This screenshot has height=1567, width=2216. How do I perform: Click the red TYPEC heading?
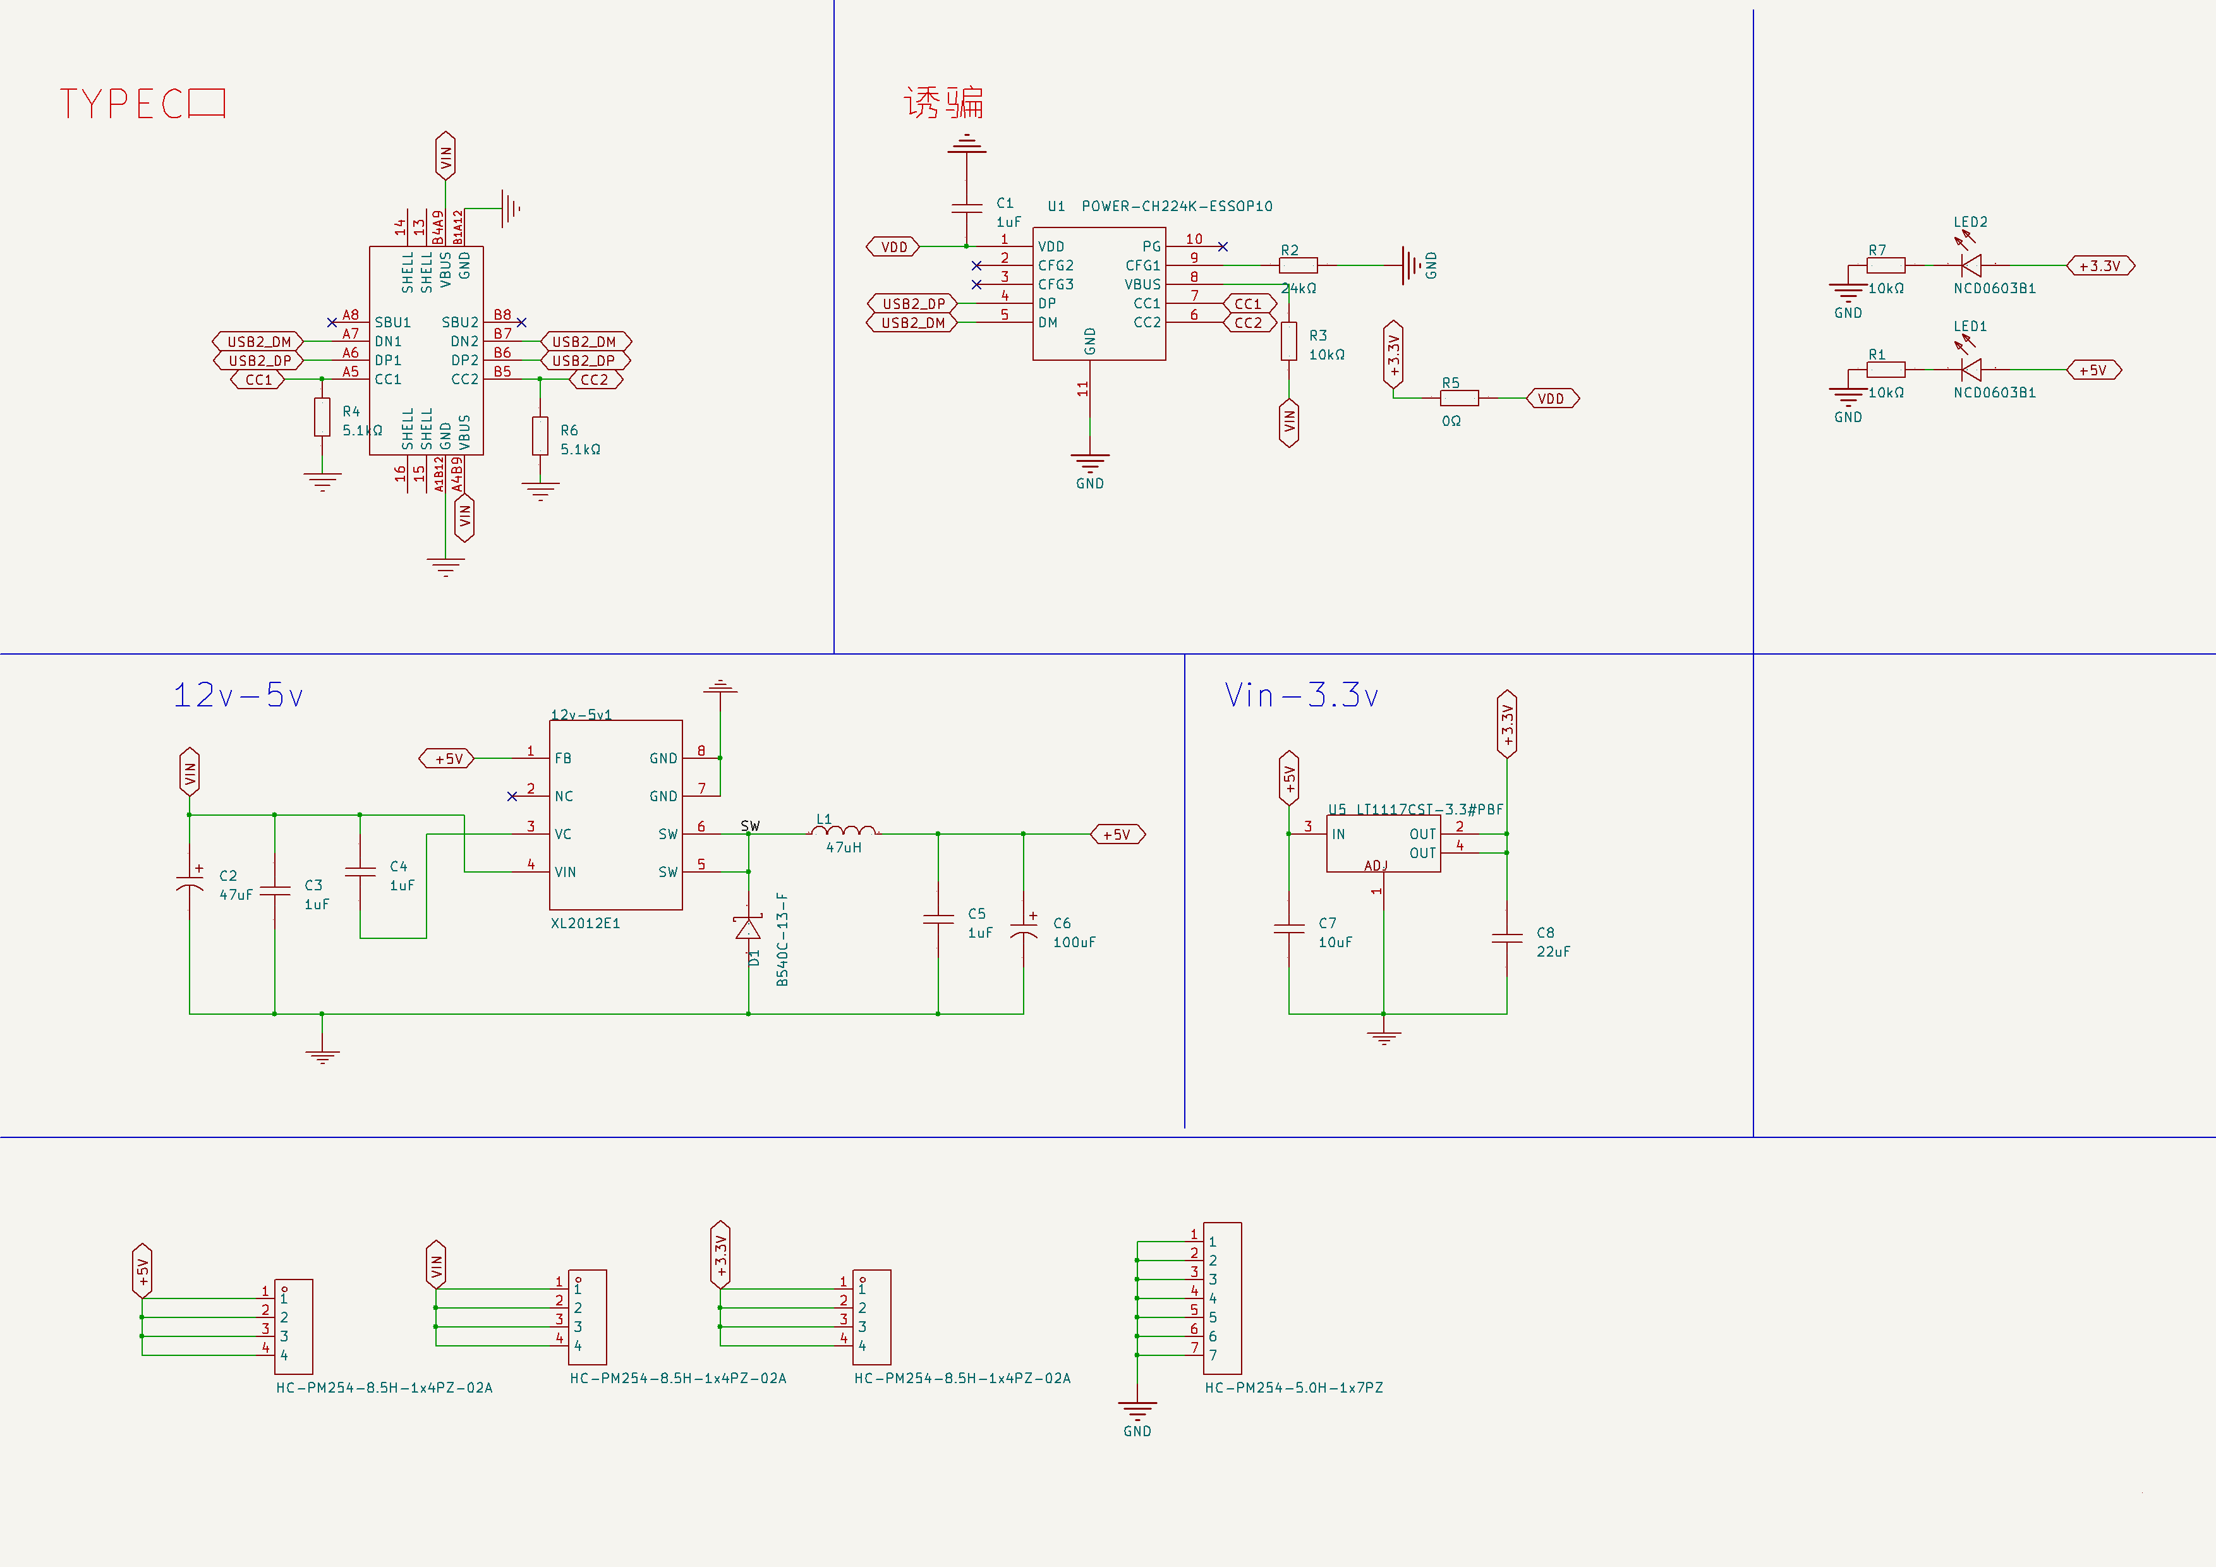pos(142,103)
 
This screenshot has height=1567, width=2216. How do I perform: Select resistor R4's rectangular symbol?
pos(322,417)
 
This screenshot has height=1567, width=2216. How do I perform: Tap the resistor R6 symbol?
pos(540,435)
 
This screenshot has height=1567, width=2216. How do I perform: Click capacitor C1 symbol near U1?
pos(966,207)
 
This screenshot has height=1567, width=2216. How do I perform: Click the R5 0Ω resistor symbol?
pos(1459,397)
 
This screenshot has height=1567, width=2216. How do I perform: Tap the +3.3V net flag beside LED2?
pos(2100,265)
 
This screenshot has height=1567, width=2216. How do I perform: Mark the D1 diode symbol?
pos(748,928)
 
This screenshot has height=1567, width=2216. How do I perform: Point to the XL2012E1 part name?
pos(585,923)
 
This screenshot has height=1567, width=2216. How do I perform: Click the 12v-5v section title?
pos(238,695)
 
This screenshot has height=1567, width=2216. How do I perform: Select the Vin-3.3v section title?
pos(1301,695)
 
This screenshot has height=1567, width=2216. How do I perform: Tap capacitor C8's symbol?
pos(1506,937)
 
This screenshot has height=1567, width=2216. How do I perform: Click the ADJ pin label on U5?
pos(1376,866)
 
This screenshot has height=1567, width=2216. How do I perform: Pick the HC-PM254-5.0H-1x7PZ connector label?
pos(1293,1388)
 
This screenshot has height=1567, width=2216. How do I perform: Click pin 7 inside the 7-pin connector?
pos(1213,1355)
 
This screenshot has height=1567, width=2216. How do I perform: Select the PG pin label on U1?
pos(1151,246)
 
